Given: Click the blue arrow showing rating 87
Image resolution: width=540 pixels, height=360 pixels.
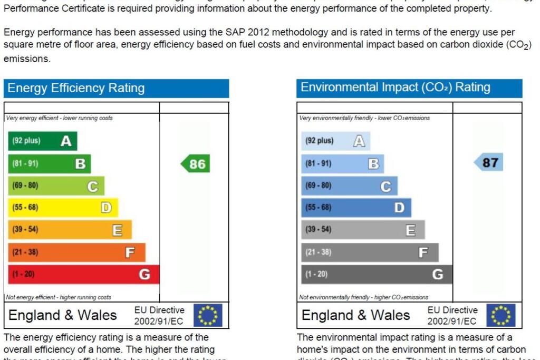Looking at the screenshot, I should point(489,162).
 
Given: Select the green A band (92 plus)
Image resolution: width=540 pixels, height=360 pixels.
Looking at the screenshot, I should point(42,141).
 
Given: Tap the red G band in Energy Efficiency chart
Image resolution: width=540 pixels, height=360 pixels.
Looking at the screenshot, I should point(83,274).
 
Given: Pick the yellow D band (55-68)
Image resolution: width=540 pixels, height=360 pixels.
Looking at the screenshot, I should point(63,208).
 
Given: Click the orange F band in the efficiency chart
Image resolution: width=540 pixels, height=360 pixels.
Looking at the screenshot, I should point(76,252).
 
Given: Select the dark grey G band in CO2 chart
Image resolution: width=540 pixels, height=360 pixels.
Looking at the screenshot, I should point(377,274).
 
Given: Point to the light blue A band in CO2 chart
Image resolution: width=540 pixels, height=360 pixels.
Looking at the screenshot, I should point(335,141).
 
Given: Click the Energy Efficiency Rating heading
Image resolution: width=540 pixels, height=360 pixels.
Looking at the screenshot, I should point(76,88).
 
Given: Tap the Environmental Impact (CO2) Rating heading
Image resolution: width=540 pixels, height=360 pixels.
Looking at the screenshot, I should point(388,87).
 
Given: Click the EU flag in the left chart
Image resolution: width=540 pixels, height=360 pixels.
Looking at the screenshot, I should point(208,315).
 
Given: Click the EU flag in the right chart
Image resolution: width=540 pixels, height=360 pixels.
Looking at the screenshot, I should point(500,315).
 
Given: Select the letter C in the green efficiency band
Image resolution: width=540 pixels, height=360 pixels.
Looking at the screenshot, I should point(92,186).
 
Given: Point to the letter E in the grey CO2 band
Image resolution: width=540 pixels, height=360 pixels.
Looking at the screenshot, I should point(410,230).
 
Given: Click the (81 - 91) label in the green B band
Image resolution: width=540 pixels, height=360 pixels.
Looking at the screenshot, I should point(25,163).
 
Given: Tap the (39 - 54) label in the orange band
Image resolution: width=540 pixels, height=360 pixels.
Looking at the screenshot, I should point(25,230).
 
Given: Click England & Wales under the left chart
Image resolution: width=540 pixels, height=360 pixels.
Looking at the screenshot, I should point(63,315).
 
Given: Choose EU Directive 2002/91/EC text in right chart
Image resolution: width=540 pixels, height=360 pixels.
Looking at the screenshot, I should point(452,315).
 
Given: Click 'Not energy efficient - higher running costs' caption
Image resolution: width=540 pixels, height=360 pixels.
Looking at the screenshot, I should point(59,297).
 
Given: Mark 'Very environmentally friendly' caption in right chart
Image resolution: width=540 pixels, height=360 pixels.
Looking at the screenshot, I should point(364,118).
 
